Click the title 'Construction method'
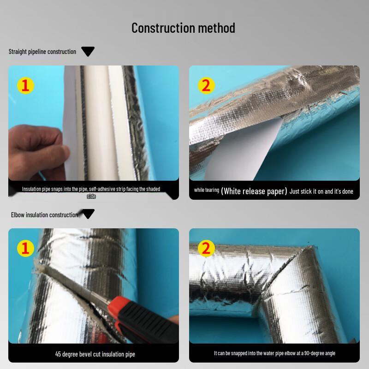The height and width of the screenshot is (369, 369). (x=183, y=28)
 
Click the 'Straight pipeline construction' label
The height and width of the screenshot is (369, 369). (x=42, y=52)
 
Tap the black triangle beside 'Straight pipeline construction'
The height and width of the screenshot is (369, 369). (x=88, y=52)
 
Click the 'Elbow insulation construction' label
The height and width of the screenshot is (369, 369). (x=44, y=214)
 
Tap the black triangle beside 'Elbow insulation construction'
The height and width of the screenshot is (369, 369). (x=88, y=214)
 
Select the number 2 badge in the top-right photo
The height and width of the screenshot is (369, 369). (x=206, y=85)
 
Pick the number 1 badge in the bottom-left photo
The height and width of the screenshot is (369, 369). (x=26, y=249)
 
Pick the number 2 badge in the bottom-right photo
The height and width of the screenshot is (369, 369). (x=206, y=249)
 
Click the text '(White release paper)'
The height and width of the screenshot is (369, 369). (x=254, y=191)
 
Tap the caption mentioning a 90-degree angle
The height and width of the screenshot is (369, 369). (x=274, y=353)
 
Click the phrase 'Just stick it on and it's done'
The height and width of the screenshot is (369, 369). (x=321, y=191)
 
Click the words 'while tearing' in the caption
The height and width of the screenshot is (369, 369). (x=206, y=190)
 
